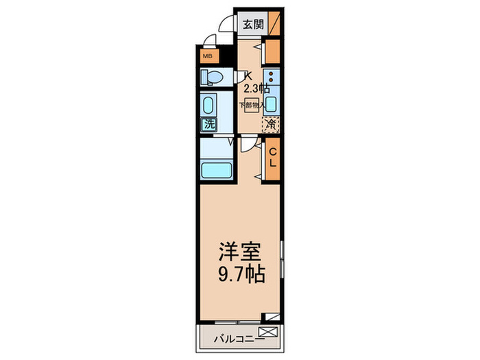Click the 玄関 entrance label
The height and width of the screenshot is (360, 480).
252,25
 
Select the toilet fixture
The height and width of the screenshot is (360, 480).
212,77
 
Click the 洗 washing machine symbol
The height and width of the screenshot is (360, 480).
207,125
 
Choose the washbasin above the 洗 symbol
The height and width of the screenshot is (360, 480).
208,105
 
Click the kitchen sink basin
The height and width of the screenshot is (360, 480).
272,104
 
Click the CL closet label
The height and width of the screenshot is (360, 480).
272,158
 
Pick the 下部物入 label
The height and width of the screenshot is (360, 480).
252,104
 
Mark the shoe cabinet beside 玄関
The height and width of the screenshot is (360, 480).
274,24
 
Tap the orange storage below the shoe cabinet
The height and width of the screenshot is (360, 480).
272,51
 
